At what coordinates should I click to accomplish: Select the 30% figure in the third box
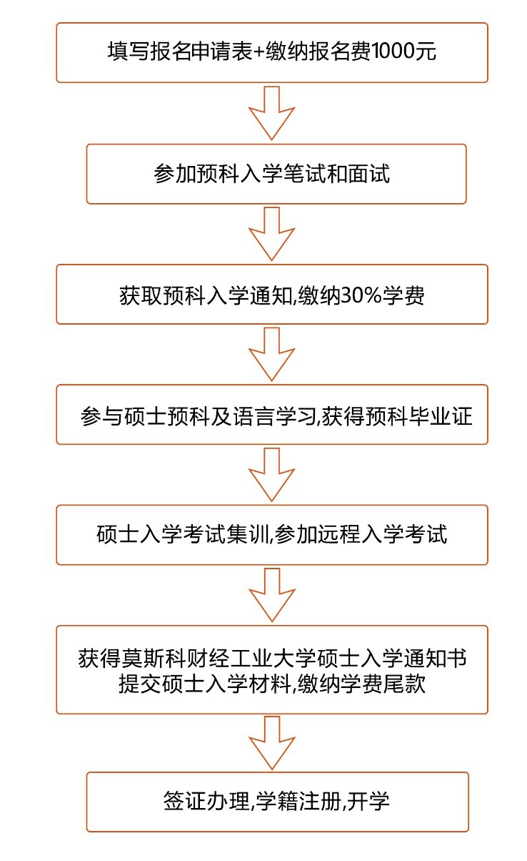(361, 296)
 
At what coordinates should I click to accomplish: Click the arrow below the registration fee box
(272, 113)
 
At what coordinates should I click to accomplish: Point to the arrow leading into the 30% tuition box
(272, 234)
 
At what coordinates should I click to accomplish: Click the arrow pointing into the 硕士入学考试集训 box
(272, 475)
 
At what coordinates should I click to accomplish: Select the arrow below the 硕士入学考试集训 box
(272, 595)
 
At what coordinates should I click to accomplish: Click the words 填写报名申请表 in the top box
(180, 51)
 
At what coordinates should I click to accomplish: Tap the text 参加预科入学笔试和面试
(272, 174)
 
